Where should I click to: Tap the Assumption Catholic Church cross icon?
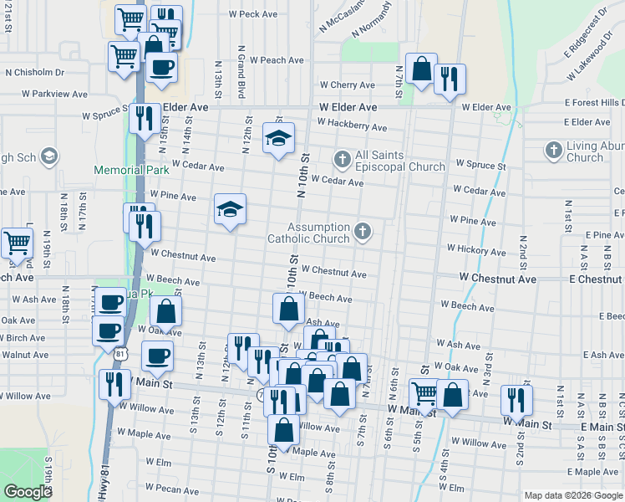(x=362, y=231)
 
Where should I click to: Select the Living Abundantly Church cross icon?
(x=552, y=151)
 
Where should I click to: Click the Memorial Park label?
(x=131, y=169)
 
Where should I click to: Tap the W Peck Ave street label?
(x=252, y=14)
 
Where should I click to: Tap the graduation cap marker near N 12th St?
(x=279, y=137)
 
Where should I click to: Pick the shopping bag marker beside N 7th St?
(x=422, y=69)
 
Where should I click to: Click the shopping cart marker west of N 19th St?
(x=17, y=243)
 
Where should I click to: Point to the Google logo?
(x=28, y=492)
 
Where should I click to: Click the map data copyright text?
(x=572, y=495)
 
